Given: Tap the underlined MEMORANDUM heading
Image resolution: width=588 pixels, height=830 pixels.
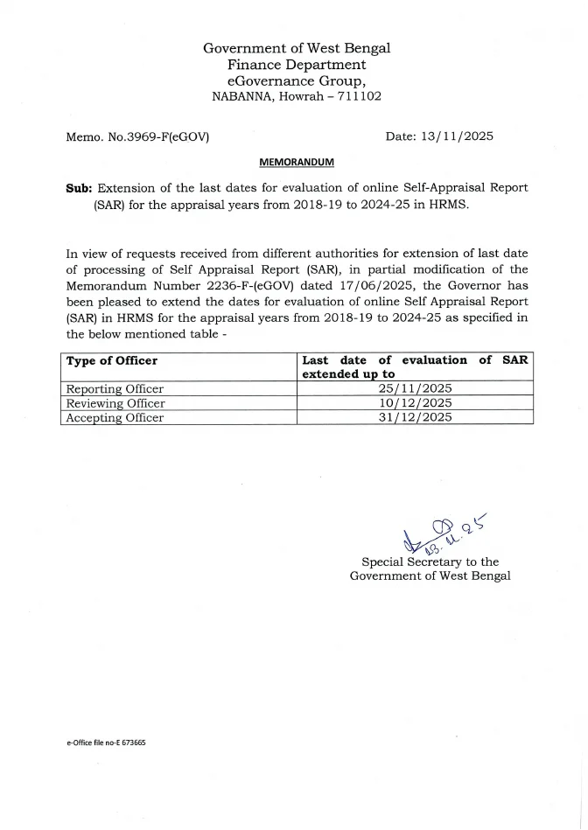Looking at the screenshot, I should (296, 162).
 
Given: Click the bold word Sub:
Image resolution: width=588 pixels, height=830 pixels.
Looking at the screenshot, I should (80, 188).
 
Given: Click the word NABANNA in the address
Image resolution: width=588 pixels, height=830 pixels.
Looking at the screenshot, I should (241, 97).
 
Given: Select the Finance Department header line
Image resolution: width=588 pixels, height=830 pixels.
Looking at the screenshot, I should (297, 65).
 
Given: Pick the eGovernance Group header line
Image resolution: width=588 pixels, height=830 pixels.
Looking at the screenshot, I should (297, 80).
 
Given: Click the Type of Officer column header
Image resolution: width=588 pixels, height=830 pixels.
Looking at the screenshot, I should (112, 360).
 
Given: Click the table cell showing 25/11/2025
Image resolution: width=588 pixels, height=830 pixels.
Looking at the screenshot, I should (415, 388).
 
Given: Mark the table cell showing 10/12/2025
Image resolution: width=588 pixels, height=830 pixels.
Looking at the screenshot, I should (415, 403).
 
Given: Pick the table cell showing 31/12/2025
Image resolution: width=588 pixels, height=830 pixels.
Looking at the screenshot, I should (415, 417).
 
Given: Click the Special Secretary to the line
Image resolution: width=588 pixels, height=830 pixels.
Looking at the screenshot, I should (430, 561).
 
